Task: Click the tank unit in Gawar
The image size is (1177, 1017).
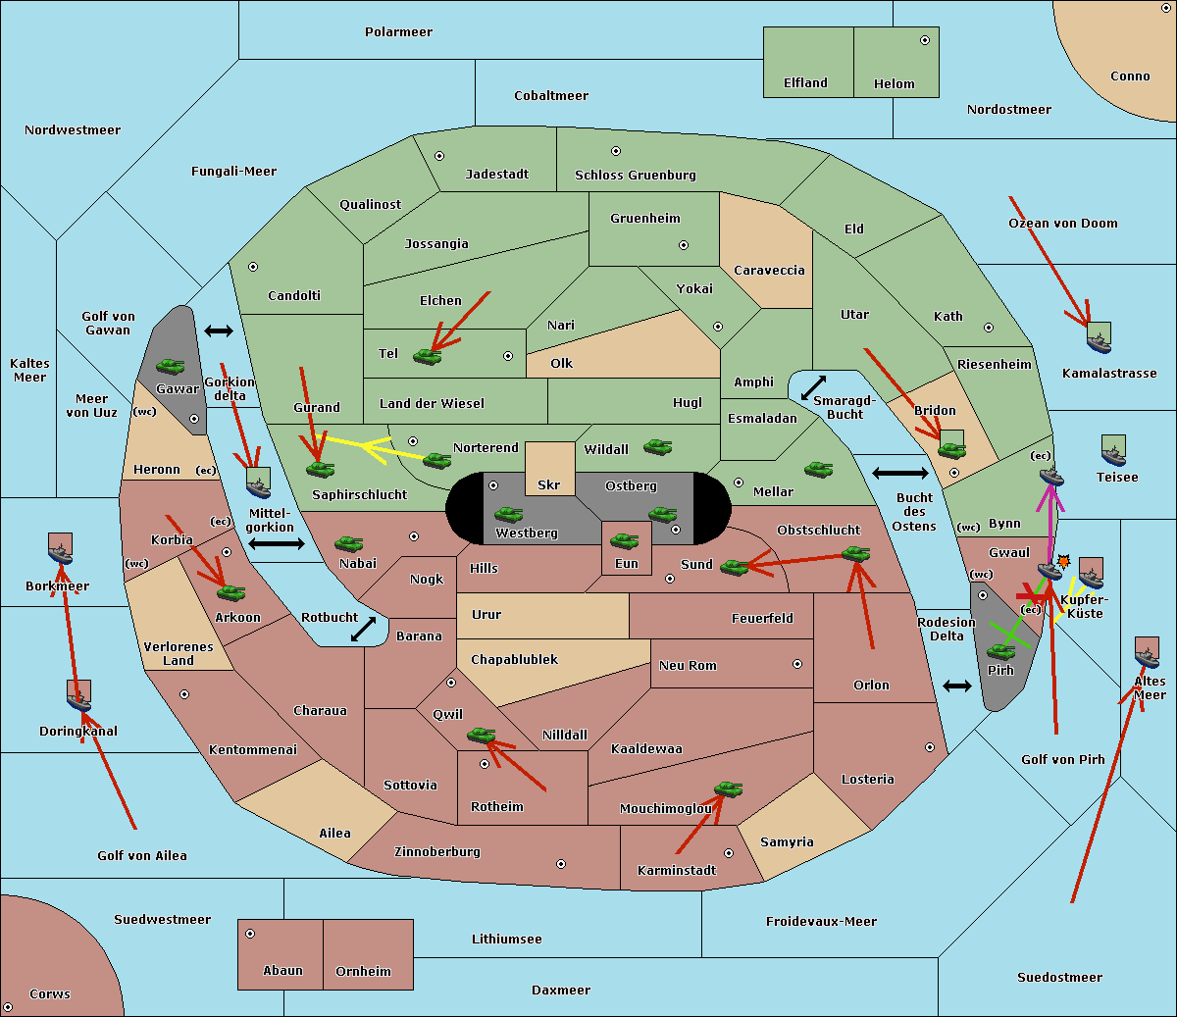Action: (x=171, y=366)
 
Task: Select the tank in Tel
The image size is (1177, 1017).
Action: (x=427, y=356)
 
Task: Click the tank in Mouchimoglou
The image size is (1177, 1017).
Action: (x=729, y=788)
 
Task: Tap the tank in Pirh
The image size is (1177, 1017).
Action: (x=1000, y=651)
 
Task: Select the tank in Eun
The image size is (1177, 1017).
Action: (x=624, y=540)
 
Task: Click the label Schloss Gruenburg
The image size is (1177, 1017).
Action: (x=636, y=175)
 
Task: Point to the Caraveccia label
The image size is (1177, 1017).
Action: (x=769, y=270)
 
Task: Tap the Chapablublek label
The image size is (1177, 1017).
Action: (x=514, y=659)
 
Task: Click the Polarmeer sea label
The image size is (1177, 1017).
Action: (x=398, y=32)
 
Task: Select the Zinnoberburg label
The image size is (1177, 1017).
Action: (x=437, y=852)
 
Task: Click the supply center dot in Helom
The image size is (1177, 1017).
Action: (x=925, y=40)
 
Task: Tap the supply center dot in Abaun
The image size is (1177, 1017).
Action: (x=249, y=934)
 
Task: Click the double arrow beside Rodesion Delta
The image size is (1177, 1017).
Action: (x=957, y=686)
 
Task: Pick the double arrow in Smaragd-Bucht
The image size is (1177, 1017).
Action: (x=813, y=387)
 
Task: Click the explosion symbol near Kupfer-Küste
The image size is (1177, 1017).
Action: (x=1063, y=562)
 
